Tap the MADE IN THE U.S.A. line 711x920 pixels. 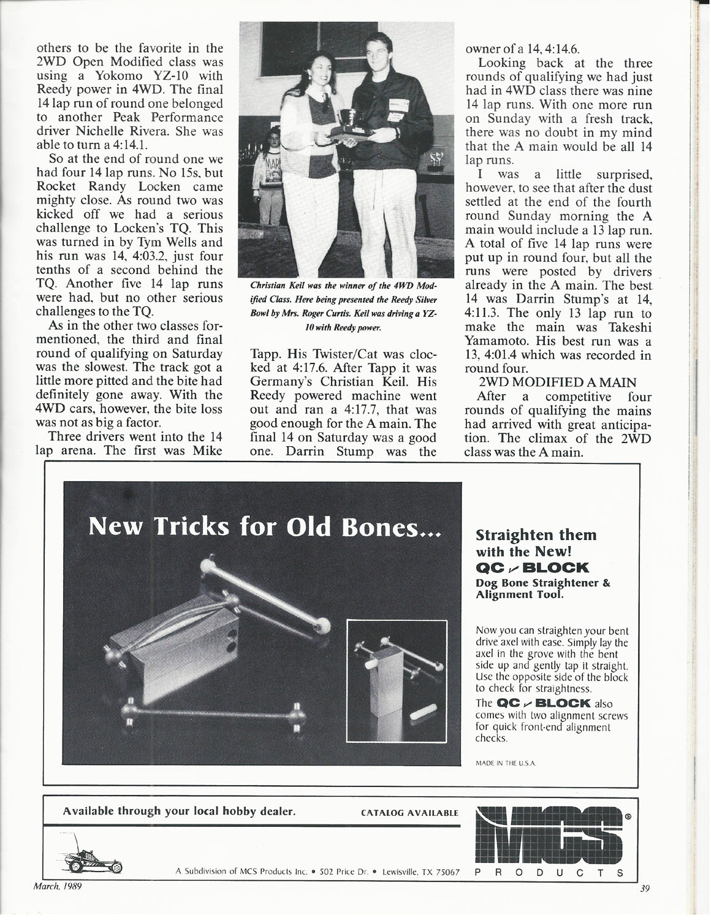click(x=506, y=764)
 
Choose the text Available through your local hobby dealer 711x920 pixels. click(x=180, y=812)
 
